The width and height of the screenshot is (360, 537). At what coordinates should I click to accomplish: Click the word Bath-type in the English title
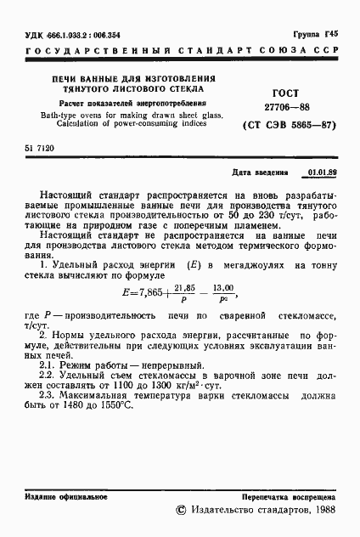pyautogui.click(x=48, y=115)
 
